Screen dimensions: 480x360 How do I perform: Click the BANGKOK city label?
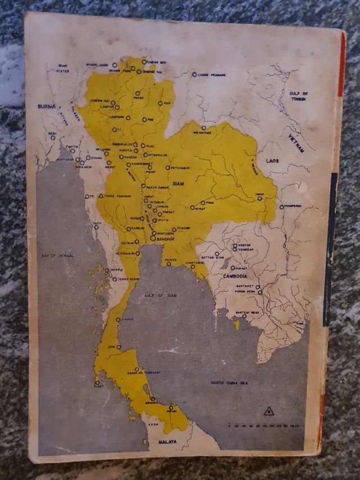point(166,239)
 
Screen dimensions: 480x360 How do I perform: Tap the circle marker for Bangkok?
point(153,239)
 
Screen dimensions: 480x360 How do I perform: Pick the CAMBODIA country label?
point(235,276)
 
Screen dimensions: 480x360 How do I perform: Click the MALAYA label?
point(167,442)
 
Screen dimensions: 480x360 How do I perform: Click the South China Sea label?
point(230,383)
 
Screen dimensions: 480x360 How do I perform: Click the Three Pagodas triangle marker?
point(101,196)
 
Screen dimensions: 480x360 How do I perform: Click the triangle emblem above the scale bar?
point(269,411)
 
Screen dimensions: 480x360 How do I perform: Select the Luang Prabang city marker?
point(195,74)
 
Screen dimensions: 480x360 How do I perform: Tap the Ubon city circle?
point(260,198)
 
